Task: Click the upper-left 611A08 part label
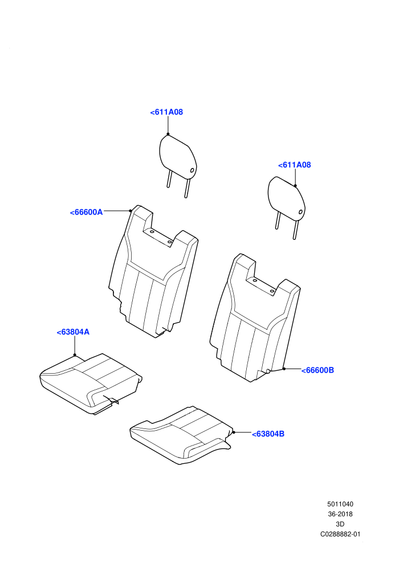166,112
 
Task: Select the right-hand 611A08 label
294,165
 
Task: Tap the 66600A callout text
86,212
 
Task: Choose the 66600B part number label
317,370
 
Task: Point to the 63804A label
73,332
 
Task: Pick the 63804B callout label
268,434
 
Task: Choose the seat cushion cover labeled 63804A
91,383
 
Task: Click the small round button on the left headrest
192,170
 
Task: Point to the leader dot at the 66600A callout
130,211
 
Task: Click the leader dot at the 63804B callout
234,432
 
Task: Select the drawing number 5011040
340,504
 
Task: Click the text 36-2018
340,514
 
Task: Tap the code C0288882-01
340,534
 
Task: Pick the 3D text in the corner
340,525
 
